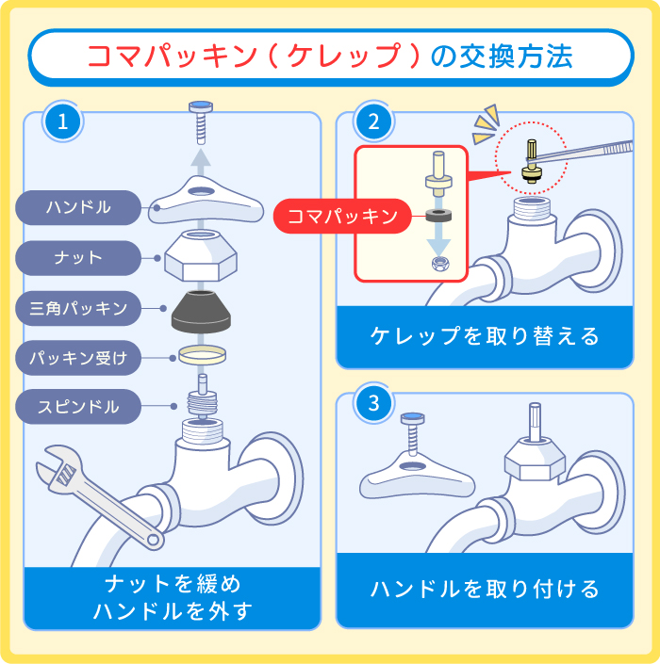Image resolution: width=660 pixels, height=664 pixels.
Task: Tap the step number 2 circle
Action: pyautogui.click(x=374, y=121)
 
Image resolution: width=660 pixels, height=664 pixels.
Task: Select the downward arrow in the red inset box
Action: pyautogui.click(x=438, y=243)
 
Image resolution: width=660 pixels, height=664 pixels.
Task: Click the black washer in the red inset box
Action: pyautogui.click(x=439, y=215)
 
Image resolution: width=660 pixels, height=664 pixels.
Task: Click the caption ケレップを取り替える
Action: pyautogui.click(x=485, y=336)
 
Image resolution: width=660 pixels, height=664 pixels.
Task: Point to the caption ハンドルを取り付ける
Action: pyautogui.click(x=485, y=590)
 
